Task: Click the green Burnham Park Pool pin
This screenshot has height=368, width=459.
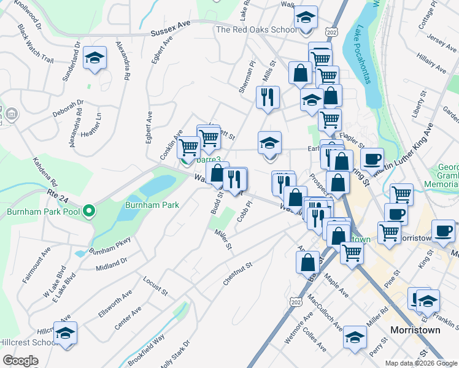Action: (89, 212)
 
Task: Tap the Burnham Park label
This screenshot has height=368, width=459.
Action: (152, 204)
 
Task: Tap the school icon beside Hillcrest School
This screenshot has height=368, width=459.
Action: (65, 334)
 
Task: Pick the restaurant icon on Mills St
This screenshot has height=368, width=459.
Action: (268, 98)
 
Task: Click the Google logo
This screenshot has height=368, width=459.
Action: (20, 360)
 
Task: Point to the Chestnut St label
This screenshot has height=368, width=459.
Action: (239, 274)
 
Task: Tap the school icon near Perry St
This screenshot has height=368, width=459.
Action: (355, 337)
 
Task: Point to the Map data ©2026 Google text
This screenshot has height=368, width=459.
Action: (421, 363)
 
